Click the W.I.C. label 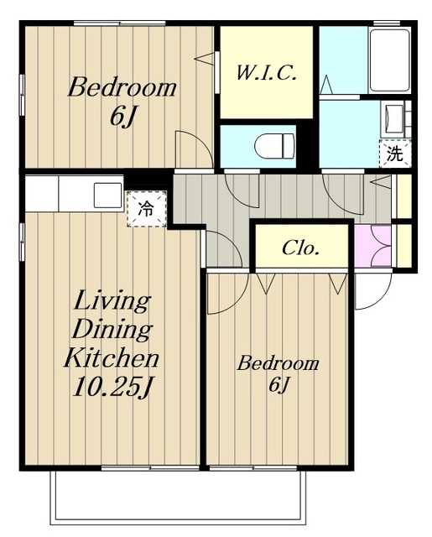coord(266,73)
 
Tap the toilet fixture coord(274,146)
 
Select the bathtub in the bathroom coord(389,60)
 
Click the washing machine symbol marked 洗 coord(395,154)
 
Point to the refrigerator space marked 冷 coord(147,209)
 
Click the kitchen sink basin coord(107,195)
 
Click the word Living coord(112,301)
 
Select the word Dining coord(112,330)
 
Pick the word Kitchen coord(112,357)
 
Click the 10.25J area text coord(112,386)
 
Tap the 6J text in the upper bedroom coord(122,117)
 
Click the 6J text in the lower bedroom coord(279,385)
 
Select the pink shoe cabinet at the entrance coord(372,246)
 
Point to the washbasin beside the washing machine coord(393,119)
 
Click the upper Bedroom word coord(122,87)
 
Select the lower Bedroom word coord(278,363)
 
